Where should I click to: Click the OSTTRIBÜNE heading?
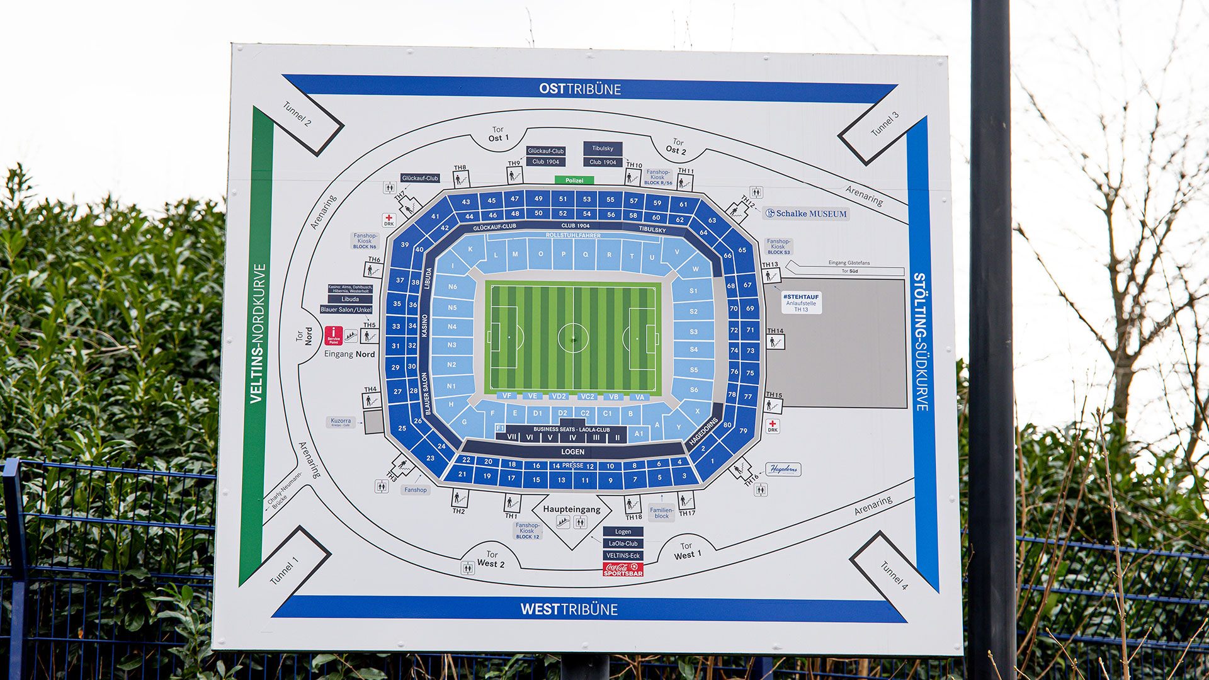(x=579, y=89)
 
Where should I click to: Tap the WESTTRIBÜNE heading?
(x=569, y=609)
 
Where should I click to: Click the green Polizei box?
(x=574, y=180)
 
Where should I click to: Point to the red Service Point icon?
(x=333, y=336)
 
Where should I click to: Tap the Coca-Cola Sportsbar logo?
(x=623, y=569)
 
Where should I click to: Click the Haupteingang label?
(x=571, y=509)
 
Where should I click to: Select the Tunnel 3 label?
(x=884, y=125)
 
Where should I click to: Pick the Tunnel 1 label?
(x=284, y=571)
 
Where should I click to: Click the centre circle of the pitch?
(x=573, y=338)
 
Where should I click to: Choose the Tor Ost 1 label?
(x=498, y=134)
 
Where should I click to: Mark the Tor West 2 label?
(x=491, y=559)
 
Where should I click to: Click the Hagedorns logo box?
(x=783, y=469)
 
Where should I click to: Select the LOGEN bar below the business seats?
(x=572, y=451)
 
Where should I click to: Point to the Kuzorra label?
(x=341, y=422)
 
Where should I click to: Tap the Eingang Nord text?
(x=349, y=354)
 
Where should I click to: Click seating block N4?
(x=452, y=326)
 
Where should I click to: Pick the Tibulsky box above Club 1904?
(x=603, y=149)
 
